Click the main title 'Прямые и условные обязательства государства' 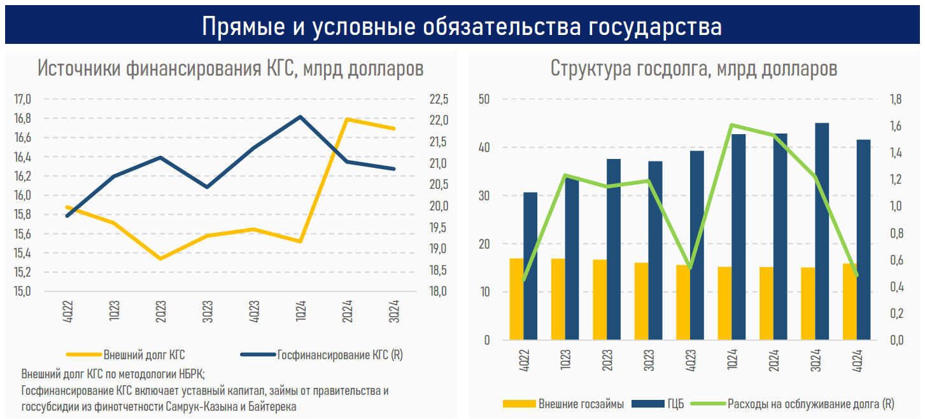pyautogui.click(x=462, y=27)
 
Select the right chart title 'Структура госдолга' pyautogui.click(x=693, y=68)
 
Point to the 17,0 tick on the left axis pyautogui.click(x=22, y=99)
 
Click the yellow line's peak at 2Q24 pyautogui.click(x=348, y=119)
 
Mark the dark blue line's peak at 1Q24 pyautogui.click(x=300, y=117)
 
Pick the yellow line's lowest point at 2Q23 pyautogui.click(x=160, y=259)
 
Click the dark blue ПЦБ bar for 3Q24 pyautogui.click(x=822, y=229)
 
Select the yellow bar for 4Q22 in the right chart pyautogui.click(x=516, y=299)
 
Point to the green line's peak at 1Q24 pyautogui.click(x=732, y=125)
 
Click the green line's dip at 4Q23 pyautogui.click(x=690, y=268)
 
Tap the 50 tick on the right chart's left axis pyautogui.click(x=485, y=99)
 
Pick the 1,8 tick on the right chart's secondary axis pyautogui.click(x=896, y=99)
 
